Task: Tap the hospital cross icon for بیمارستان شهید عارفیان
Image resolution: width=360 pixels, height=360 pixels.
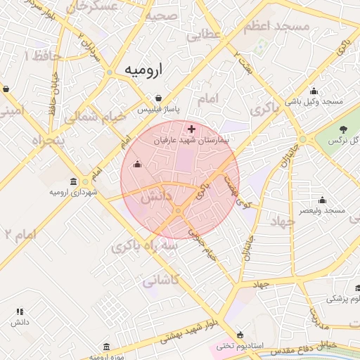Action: [x=191, y=129]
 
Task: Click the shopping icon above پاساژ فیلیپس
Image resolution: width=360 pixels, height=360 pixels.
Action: [x=158, y=98]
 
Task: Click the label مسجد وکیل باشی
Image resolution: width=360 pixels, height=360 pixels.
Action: [x=314, y=102]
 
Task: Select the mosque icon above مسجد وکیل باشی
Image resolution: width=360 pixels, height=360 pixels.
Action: [x=314, y=91]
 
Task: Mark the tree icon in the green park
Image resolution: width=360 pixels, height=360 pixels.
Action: [x=343, y=129]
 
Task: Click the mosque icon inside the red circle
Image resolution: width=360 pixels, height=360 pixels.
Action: [x=137, y=165]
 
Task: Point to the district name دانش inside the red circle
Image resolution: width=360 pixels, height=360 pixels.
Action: [x=157, y=198]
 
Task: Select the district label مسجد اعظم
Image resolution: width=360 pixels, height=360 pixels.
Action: [x=276, y=27]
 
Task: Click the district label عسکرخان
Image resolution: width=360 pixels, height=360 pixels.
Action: [x=98, y=6]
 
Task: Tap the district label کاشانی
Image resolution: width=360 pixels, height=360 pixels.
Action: [x=161, y=280]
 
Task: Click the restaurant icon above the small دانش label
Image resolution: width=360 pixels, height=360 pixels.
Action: [x=20, y=311]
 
